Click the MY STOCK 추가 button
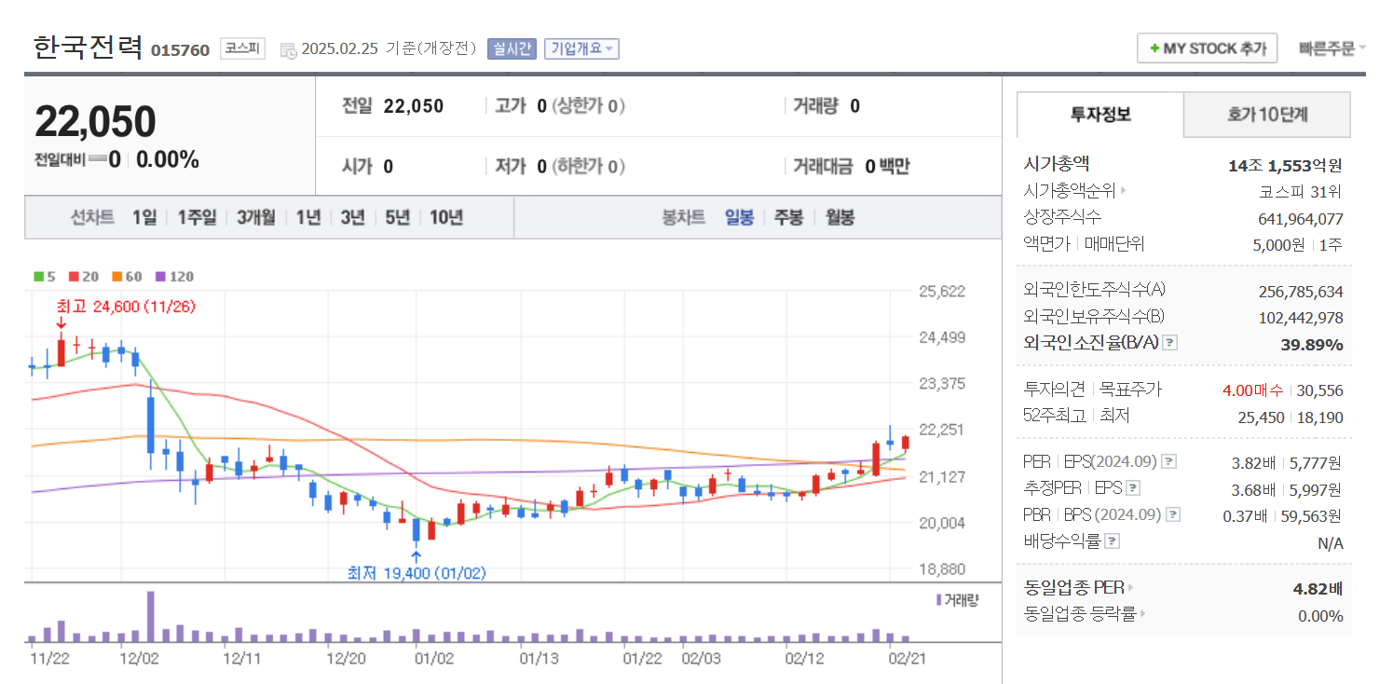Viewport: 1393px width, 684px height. click(x=1207, y=48)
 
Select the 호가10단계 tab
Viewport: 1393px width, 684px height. click(x=1266, y=115)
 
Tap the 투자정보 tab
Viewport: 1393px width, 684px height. click(x=1100, y=115)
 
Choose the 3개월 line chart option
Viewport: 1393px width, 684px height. click(x=255, y=217)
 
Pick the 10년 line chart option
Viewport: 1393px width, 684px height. click(x=446, y=217)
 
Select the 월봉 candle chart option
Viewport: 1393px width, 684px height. click(x=840, y=217)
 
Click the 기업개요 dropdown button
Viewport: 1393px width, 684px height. click(x=581, y=48)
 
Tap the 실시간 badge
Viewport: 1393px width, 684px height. click(x=512, y=48)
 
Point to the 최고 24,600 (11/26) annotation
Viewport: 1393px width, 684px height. click(x=126, y=306)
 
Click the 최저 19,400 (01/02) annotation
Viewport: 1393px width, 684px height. click(x=417, y=573)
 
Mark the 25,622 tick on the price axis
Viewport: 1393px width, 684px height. click(x=941, y=291)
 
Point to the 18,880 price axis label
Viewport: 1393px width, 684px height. click(x=941, y=568)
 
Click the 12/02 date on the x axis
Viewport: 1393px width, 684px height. click(x=140, y=659)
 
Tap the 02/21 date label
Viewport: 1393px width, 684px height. click(x=908, y=659)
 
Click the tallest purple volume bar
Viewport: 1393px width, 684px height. click(x=151, y=616)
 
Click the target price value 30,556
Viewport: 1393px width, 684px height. click(x=1321, y=390)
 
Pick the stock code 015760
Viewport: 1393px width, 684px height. click(x=180, y=49)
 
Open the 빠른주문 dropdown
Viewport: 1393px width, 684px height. click(x=1332, y=48)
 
